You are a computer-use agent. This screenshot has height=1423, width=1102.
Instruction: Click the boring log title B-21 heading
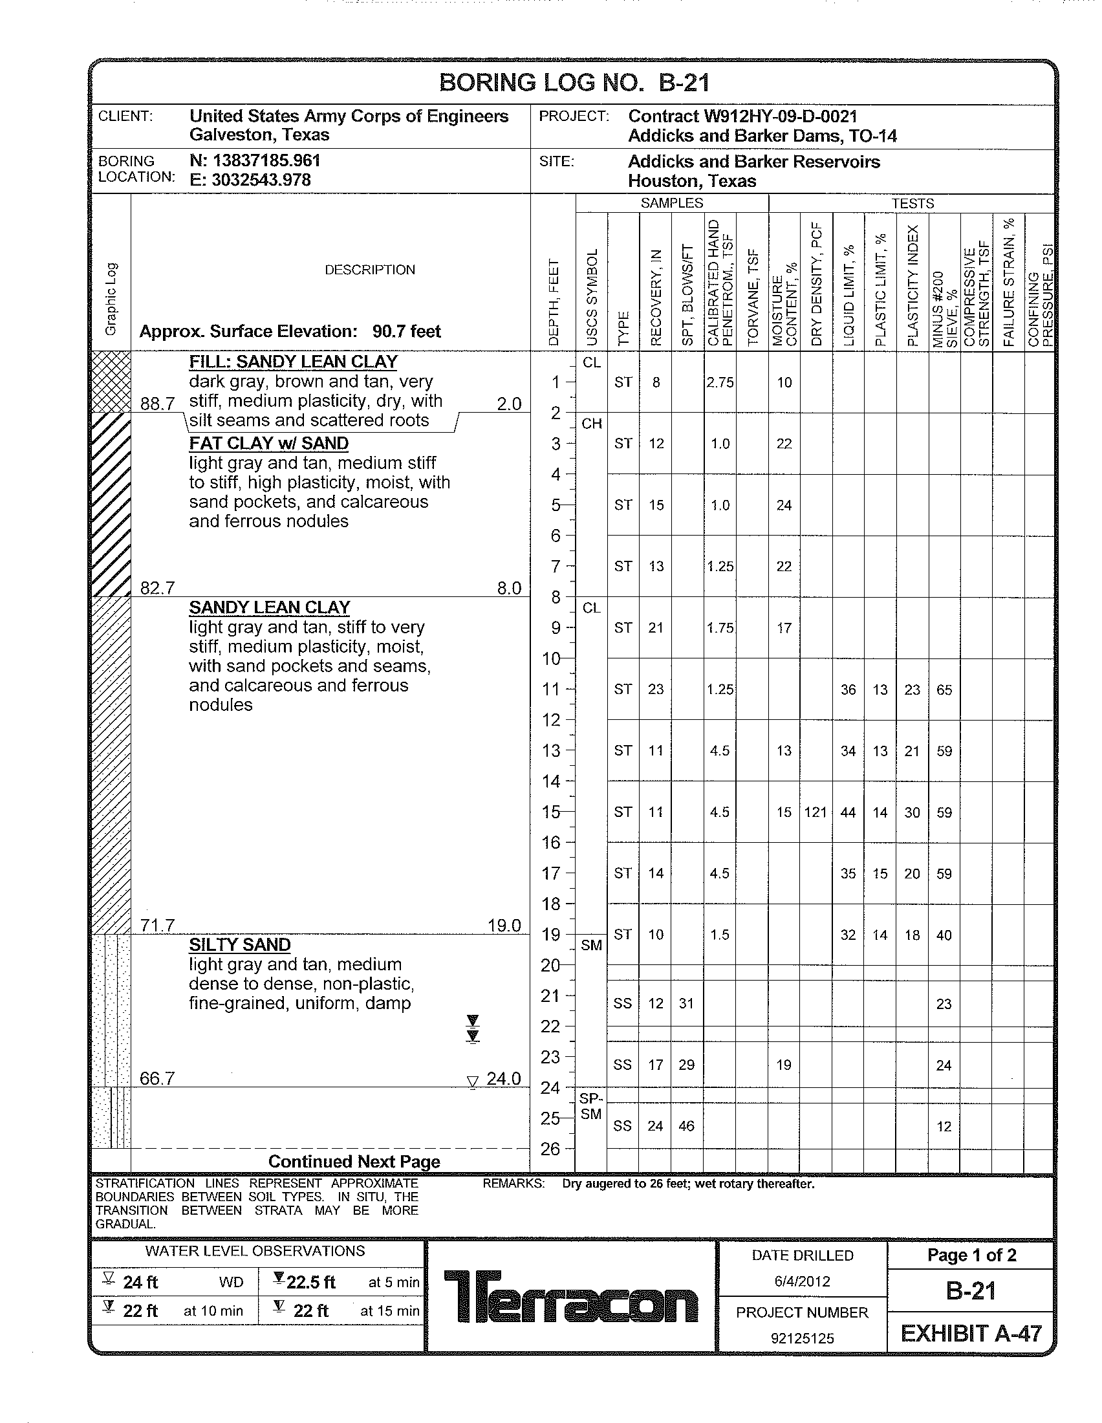point(574,83)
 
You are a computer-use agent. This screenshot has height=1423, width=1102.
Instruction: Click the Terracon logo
point(570,1297)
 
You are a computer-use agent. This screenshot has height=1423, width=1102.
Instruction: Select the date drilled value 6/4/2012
point(802,1281)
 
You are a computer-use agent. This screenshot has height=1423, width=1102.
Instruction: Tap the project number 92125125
point(802,1338)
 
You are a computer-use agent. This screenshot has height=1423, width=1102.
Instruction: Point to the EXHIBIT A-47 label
point(971,1334)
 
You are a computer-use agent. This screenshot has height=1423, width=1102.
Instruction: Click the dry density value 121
point(816,812)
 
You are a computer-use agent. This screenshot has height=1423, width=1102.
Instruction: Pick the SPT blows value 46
point(686,1126)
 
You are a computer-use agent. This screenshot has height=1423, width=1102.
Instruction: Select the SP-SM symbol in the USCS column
point(590,1106)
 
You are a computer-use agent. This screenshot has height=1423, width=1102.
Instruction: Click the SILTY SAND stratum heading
point(240,945)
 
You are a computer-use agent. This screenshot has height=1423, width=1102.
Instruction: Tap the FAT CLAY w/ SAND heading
point(268,444)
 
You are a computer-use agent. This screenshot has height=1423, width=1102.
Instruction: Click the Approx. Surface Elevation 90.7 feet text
point(290,332)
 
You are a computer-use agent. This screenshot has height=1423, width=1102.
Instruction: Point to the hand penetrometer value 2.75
point(720,382)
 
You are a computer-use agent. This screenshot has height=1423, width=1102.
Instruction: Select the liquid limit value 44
point(848,812)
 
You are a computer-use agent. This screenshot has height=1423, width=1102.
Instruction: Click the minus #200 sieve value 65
point(944,690)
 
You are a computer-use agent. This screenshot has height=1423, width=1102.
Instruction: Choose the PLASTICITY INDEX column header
point(913,285)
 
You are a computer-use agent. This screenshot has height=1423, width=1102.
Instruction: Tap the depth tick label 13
point(551,750)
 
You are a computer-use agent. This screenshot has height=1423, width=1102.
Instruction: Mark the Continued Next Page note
point(354,1162)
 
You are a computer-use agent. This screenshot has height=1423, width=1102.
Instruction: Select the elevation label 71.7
point(157,926)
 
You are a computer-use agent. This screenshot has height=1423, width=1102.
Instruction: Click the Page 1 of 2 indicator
point(971,1255)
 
